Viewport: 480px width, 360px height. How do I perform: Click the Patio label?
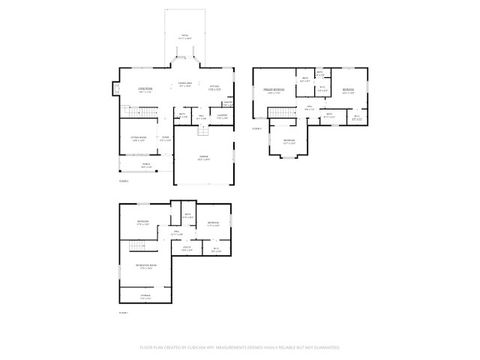pos(184,36)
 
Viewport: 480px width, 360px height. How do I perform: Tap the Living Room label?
pos(145,90)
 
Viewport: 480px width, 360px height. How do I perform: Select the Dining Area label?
pos(184,84)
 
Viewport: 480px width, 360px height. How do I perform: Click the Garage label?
pos(203,159)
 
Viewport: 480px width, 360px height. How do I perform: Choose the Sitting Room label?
pos(139,139)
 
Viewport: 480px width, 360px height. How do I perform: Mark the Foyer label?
pos(165,137)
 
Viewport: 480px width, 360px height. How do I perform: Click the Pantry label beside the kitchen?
pos(228,102)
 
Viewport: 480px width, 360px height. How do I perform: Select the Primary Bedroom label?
pos(272,91)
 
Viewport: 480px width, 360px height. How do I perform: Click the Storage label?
pos(146,296)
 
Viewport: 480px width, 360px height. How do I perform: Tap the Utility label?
pos(215,250)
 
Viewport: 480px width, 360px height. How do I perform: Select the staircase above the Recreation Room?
pos(137,244)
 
